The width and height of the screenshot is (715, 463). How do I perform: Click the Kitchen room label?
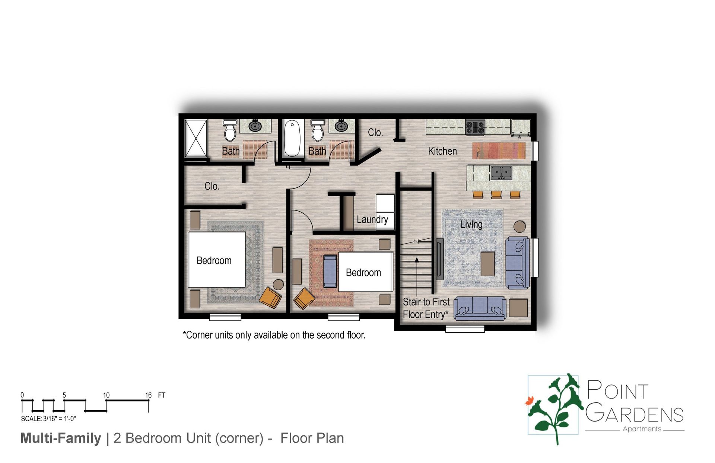442,151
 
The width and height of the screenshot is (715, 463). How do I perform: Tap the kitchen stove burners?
475,127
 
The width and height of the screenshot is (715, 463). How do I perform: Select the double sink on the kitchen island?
501,172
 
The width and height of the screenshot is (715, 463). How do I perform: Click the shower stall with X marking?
196,138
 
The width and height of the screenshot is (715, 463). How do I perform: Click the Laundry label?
372,219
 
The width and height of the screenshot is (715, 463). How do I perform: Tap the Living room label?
471,225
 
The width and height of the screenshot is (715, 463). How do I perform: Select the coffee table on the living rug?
487,264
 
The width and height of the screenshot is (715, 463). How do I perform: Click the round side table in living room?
519,226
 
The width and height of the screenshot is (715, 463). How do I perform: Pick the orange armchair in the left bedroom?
270,297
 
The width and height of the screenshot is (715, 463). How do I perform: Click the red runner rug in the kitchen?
499,150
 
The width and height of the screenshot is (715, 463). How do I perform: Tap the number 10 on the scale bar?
106,395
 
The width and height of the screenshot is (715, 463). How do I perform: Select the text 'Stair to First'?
426,302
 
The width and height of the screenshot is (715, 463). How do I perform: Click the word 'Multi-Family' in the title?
61,438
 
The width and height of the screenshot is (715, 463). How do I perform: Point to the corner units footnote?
274,335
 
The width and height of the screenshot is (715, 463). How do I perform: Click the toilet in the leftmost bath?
230,131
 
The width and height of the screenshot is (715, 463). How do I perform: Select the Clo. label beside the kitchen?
375,133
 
